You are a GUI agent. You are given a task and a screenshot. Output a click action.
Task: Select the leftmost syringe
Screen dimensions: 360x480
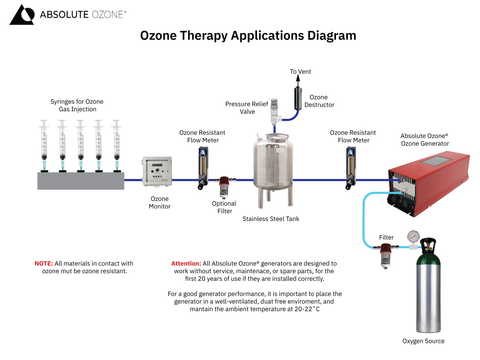point(44,144)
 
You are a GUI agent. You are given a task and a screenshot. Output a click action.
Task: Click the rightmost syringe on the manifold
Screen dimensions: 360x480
point(116,144)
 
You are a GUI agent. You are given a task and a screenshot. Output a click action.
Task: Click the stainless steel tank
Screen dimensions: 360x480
point(274,164)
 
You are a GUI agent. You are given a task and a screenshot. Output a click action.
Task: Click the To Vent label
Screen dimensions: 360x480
point(300,72)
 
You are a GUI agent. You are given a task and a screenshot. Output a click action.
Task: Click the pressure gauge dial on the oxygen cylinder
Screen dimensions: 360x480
point(412,236)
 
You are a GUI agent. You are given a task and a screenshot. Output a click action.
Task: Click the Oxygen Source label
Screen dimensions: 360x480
point(423,341)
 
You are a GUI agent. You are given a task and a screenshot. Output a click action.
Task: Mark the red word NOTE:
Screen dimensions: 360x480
point(44,264)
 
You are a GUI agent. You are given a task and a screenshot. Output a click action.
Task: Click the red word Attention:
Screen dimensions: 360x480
point(186,264)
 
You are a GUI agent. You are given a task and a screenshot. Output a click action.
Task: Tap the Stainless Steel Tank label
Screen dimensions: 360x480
point(271,219)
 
